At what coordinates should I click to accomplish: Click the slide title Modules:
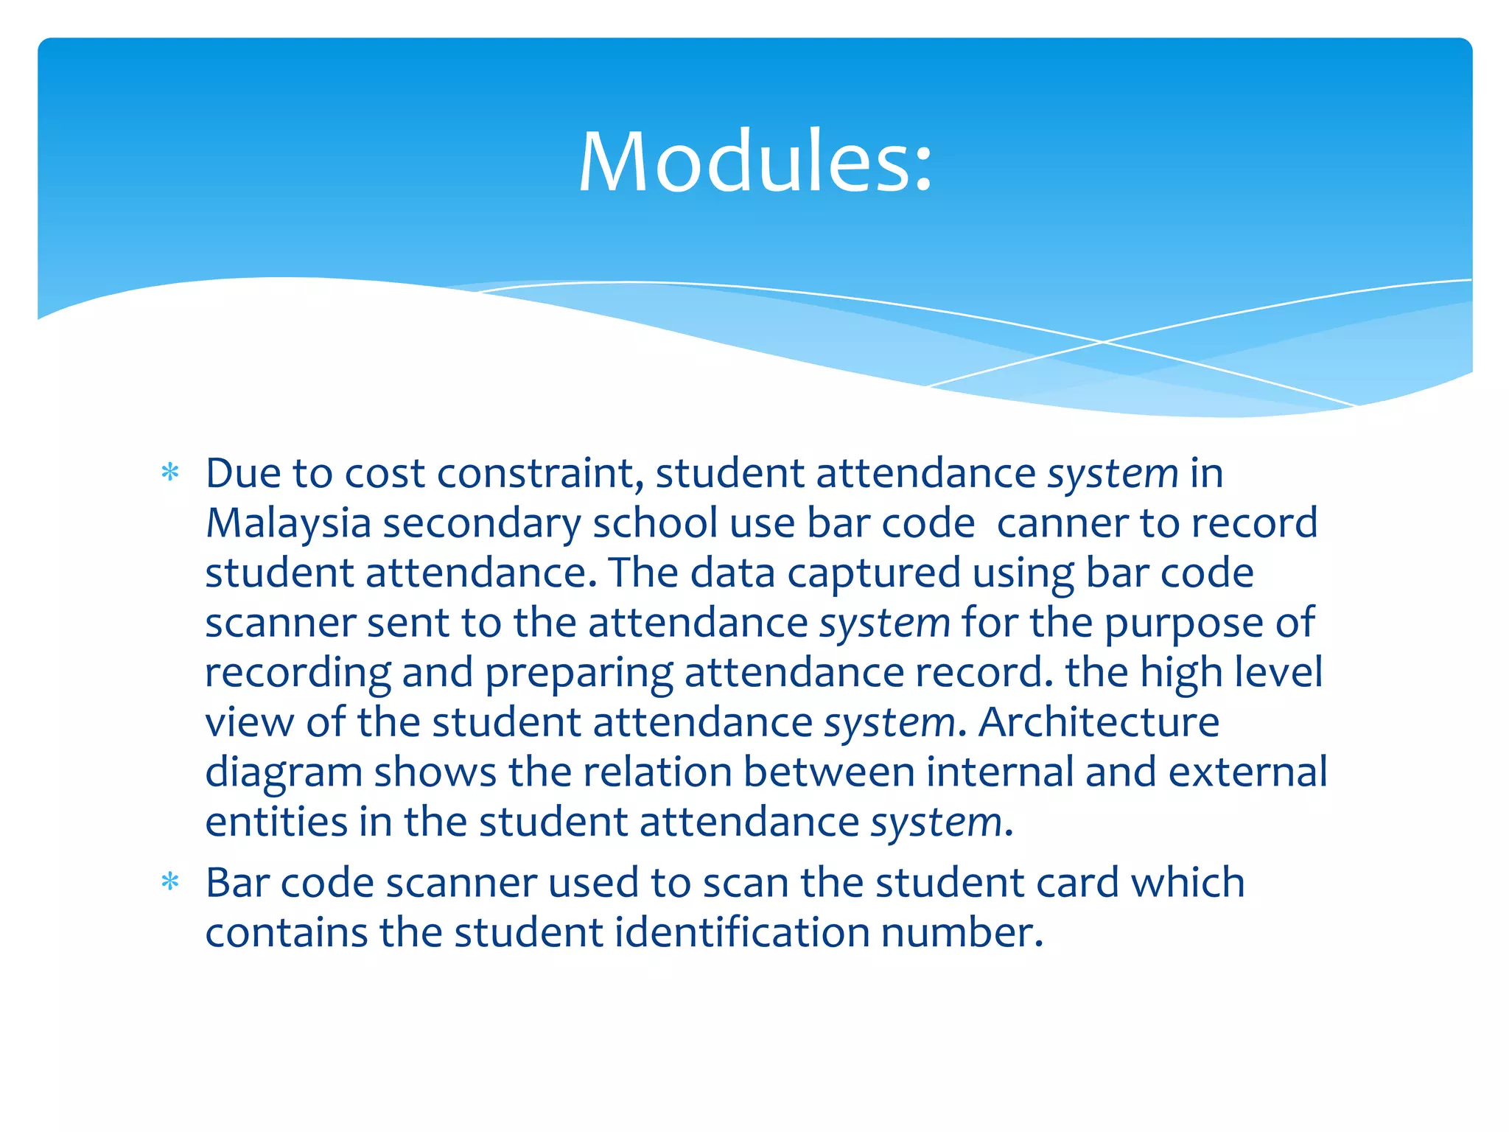point(755,161)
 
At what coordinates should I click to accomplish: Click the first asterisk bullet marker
point(170,472)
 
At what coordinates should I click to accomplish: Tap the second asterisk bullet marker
point(170,881)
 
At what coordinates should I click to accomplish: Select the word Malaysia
point(288,523)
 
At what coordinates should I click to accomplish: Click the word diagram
point(283,774)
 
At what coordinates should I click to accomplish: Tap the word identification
point(742,932)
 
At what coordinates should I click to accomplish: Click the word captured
point(873,573)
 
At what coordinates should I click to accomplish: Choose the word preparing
point(578,674)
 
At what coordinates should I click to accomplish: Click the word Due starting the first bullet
point(243,473)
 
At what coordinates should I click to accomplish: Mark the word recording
point(298,674)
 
